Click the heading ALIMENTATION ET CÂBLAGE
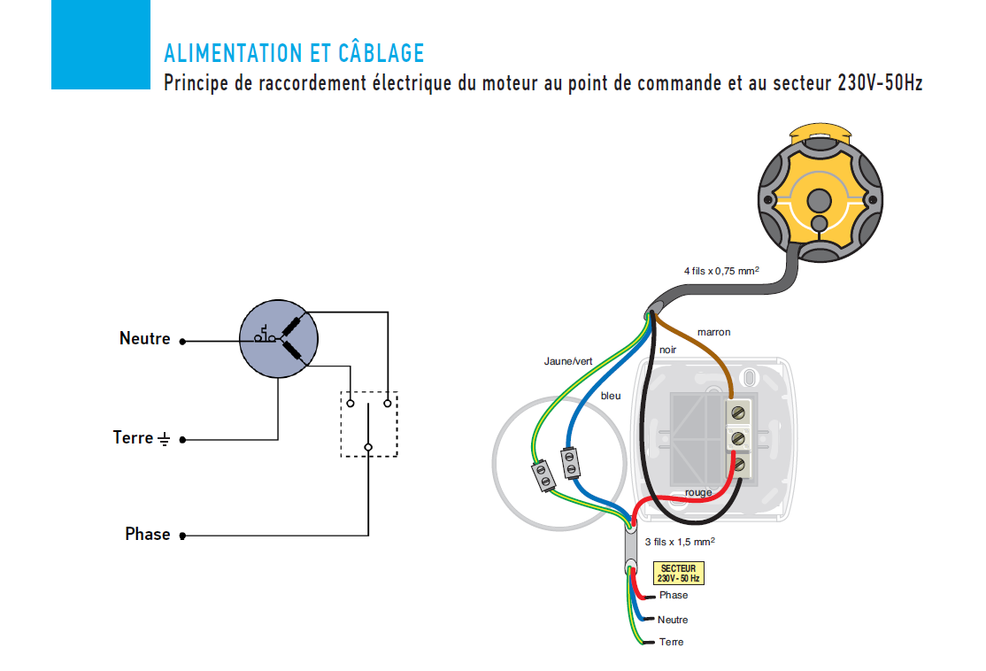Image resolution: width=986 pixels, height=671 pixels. (294, 53)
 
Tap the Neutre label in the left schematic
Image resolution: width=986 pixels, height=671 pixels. (144, 338)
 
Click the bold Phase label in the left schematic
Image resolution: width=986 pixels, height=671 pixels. (147, 534)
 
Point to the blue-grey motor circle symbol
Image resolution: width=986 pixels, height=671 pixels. (278, 339)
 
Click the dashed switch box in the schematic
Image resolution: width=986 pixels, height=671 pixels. (368, 424)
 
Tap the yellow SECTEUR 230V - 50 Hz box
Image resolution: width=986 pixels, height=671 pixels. (678, 573)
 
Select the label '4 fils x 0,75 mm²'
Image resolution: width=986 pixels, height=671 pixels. (720, 270)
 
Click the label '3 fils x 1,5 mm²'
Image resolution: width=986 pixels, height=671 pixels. (679, 541)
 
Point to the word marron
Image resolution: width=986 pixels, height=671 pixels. (713, 332)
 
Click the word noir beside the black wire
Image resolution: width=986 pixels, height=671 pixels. (667, 350)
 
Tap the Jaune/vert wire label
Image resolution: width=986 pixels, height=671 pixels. (568, 361)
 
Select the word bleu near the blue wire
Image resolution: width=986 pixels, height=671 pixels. (611, 396)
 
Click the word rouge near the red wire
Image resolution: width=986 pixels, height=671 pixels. (698, 492)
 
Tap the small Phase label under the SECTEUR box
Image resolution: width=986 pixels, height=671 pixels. (673, 595)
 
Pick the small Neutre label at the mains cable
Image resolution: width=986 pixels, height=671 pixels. (673, 620)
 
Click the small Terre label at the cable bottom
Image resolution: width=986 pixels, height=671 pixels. (671, 642)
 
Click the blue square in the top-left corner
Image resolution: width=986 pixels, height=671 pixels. (100, 44)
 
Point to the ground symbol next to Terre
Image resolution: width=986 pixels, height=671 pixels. (164, 438)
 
